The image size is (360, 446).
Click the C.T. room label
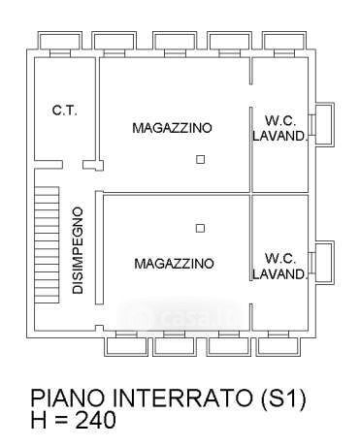65,111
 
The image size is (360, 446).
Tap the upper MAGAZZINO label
172,127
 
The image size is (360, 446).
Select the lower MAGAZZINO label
174,264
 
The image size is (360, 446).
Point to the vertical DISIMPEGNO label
78,251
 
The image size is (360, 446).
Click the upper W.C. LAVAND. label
279,128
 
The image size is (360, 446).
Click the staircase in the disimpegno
47,244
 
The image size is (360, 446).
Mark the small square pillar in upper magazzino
201,159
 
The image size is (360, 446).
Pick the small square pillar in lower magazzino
200,228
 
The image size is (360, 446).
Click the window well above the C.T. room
59,41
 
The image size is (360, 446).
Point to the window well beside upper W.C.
324,124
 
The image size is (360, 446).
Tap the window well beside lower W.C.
324,263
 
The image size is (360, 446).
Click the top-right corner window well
284,41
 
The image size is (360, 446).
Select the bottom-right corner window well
278,346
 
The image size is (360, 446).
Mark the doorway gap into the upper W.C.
250,96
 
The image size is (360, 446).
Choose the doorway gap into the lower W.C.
250,292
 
